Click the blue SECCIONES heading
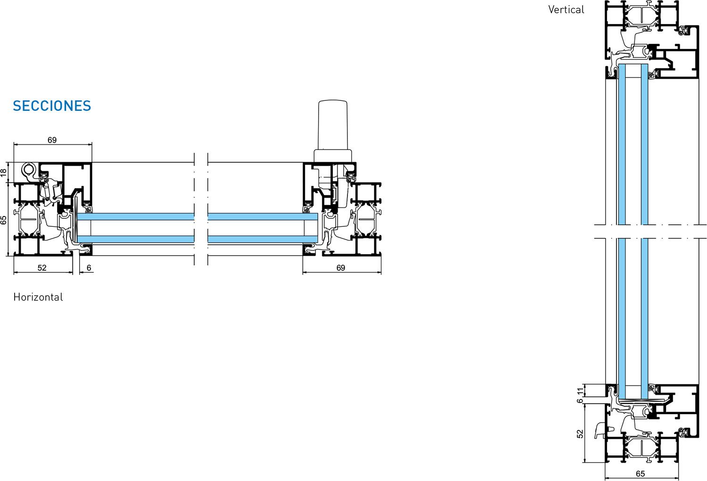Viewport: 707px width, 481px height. tap(52, 106)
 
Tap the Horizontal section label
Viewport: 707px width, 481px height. tap(38, 297)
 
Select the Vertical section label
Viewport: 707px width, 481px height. tap(566, 10)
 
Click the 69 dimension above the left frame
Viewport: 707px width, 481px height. tap(52, 140)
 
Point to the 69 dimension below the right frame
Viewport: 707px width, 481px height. tap(341, 268)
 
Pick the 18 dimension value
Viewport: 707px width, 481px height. tap(3, 173)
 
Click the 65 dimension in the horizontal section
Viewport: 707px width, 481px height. tap(3, 220)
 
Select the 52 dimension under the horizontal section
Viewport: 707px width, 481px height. tap(42, 268)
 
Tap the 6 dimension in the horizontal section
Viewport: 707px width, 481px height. tap(89, 268)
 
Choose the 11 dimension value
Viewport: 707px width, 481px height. tap(580, 391)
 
